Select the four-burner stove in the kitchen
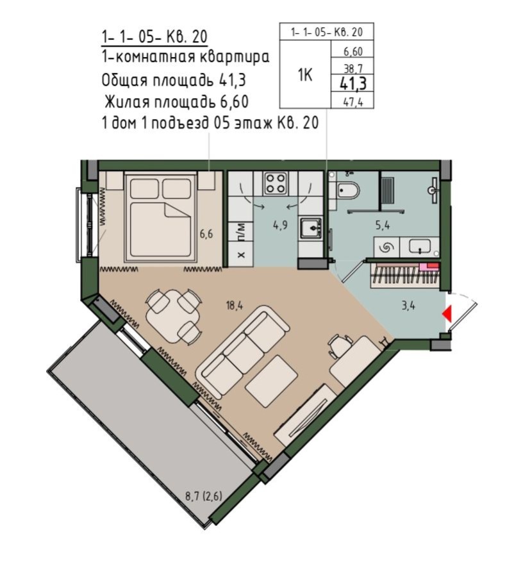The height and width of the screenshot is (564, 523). click(x=276, y=183)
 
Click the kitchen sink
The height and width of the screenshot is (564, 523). click(x=311, y=228)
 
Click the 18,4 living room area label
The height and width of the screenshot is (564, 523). click(x=235, y=306)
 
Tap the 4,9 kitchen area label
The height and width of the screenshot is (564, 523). click(x=277, y=226)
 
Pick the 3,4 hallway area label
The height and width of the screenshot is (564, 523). click(x=408, y=306)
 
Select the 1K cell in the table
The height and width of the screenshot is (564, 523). click(x=305, y=75)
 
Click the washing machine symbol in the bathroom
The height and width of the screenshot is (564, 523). click(x=387, y=247)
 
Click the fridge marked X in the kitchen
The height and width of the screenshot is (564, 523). click(x=241, y=254)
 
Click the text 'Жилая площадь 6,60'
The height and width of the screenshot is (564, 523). click(x=174, y=102)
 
